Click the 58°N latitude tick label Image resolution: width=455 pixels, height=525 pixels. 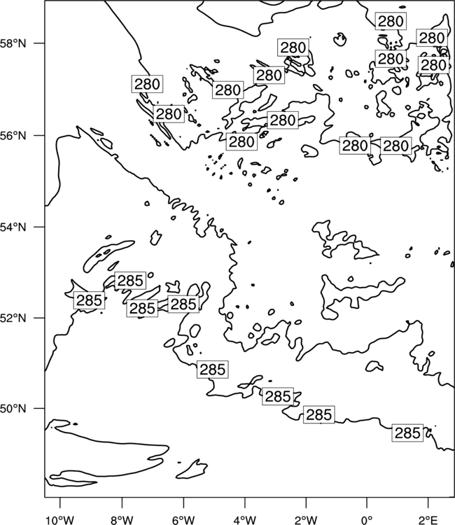13,43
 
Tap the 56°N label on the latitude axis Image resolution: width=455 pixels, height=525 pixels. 13,136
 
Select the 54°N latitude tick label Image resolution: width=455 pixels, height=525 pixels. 13,227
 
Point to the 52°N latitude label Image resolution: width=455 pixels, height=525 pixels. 13,318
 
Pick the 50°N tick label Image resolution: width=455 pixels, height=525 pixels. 13,409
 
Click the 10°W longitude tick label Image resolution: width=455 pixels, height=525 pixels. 60,520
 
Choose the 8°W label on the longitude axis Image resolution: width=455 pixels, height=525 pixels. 122,520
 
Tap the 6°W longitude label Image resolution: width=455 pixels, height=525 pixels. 183,520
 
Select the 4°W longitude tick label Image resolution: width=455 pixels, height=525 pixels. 244,520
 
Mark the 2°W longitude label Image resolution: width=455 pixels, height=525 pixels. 306,520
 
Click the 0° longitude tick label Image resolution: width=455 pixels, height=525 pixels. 367,520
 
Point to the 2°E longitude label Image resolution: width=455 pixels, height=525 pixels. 428,520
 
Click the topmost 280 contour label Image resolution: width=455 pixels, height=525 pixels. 391,22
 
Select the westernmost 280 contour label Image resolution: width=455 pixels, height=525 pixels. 147,84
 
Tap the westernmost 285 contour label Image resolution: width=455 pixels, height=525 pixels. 89,300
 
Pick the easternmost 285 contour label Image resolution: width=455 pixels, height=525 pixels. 407,433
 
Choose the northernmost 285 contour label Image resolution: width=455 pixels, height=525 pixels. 130,280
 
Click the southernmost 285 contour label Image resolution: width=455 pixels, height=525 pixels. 407,433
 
